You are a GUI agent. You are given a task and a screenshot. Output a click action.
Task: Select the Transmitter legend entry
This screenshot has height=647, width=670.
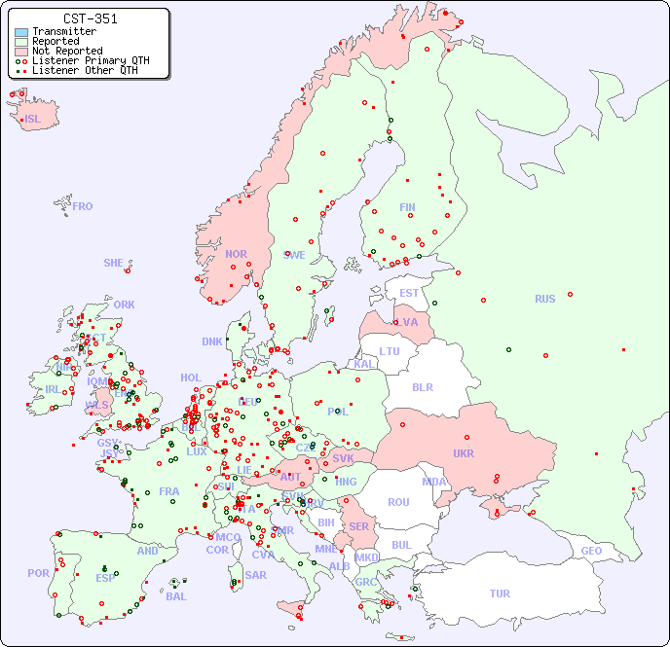pyautogui.click(x=63, y=32)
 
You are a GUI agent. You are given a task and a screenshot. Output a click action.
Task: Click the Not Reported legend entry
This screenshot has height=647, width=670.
pyautogui.click(x=66, y=52)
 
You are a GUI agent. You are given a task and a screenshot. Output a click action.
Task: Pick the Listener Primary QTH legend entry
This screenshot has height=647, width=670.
pyautogui.click(x=91, y=60)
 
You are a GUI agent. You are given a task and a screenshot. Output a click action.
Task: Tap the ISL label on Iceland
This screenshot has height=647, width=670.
pyautogui.click(x=33, y=120)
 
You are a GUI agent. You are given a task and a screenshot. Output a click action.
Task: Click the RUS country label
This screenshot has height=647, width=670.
pyautogui.click(x=544, y=299)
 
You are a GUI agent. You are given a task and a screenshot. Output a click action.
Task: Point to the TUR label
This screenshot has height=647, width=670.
pyautogui.click(x=500, y=593)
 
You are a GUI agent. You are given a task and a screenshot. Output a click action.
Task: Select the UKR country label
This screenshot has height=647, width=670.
pyautogui.click(x=464, y=453)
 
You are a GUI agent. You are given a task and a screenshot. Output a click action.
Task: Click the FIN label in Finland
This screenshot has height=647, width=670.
pyautogui.click(x=407, y=207)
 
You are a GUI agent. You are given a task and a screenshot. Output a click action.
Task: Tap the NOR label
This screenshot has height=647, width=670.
pyautogui.click(x=236, y=254)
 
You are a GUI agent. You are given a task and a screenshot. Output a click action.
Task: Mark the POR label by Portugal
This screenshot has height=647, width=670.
pyautogui.click(x=38, y=573)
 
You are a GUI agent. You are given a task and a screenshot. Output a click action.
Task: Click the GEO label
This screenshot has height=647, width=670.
pyautogui.click(x=591, y=551)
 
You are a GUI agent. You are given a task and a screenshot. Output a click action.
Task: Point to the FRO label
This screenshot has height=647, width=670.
pyautogui.click(x=83, y=206)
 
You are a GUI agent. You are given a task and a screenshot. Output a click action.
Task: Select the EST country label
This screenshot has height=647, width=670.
pyautogui.click(x=409, y=293)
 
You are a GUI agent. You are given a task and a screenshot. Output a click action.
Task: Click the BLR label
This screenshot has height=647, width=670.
pyautogui.click(x=423, y=386)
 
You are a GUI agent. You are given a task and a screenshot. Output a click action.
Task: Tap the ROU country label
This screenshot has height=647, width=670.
pyautogui.click(x=398, y=502)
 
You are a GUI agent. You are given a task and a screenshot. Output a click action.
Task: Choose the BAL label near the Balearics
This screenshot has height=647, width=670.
pyautogui.click(x=175, y=596)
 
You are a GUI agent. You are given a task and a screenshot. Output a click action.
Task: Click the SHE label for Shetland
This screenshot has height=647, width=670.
pyautogui.click(x=114, y=263)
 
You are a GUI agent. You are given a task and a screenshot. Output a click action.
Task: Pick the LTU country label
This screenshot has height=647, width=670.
pyautogui.click(x=390, y=351)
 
